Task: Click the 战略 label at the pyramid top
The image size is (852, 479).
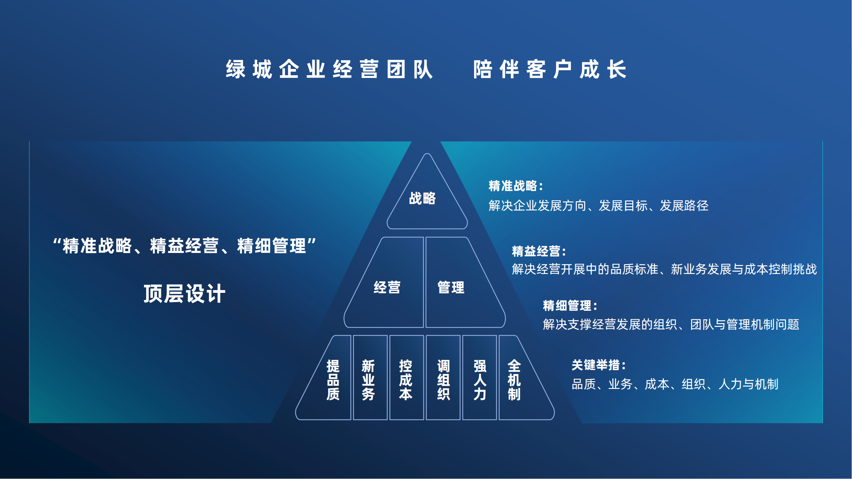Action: [422, 198]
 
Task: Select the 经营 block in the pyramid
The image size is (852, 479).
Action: [387, 287]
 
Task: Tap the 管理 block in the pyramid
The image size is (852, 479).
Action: [451, 287]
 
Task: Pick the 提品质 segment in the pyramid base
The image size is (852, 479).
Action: [333, 380]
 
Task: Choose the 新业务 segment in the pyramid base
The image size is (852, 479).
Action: [368, 380]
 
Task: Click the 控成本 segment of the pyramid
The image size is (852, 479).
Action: [405, 380]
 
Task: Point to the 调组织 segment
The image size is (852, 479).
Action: [443, 380]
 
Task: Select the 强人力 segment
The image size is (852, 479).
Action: [480, 380]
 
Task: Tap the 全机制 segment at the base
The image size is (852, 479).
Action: [514, 380]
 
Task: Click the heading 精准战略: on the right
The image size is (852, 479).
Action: [516, 186]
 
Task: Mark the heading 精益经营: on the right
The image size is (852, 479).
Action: [539, 251]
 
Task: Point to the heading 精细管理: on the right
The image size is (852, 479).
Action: [570, 306]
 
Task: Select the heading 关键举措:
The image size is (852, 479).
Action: [599, 365]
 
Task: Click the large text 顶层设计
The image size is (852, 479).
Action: [185, 293]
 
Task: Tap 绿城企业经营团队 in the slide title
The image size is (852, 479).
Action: [329, 69]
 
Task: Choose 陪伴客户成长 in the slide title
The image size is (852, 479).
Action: [550, 69]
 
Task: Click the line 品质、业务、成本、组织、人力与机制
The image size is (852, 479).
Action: [675, 384]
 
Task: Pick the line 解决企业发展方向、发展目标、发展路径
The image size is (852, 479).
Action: [598, 206]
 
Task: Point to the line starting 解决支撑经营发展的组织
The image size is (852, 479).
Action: [671, 324]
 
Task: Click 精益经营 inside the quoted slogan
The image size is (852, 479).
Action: [184, 246]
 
